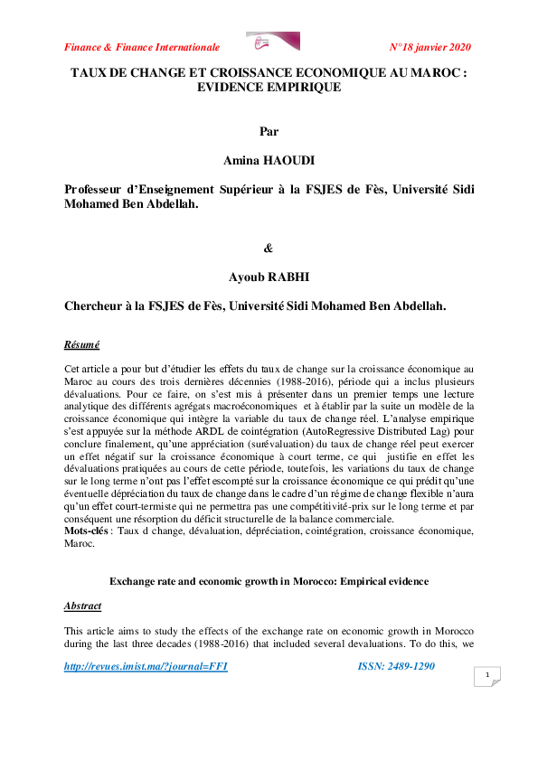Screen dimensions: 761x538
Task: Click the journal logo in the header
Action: click(x=273, y=42)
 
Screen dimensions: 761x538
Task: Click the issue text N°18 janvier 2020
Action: click(x=429, y=47)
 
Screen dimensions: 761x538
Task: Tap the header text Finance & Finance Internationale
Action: click(x=142, y=47)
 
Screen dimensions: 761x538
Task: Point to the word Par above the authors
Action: click(x=269, y=132)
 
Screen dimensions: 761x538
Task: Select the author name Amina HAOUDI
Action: click(x=269, y=160)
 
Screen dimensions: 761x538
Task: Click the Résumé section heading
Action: click(x=82, y=345)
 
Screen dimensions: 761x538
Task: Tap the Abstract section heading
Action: click(x=83, y=606)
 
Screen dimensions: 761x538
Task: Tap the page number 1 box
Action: click(x=487, y=676)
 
